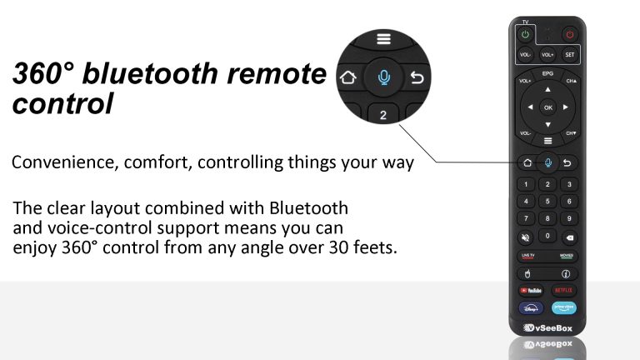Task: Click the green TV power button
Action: [x=526, y=35]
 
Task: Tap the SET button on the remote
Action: [x=569, y=54]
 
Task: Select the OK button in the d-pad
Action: [x=547, y=107]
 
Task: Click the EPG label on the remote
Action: [x=547, y=74]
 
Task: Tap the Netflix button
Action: [x=564, y=290]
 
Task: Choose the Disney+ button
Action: [x=532, y=307]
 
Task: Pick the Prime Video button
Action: [x=564, y=307]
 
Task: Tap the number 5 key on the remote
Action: [x=547, y=201]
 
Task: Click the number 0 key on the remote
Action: [x=547, y=237]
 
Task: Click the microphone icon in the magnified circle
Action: [x=383, y=77]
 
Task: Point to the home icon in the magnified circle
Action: [x=347, y=78]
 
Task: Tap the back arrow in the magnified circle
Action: [x=418, y=78]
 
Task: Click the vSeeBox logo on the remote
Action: [x=547, y=327]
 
